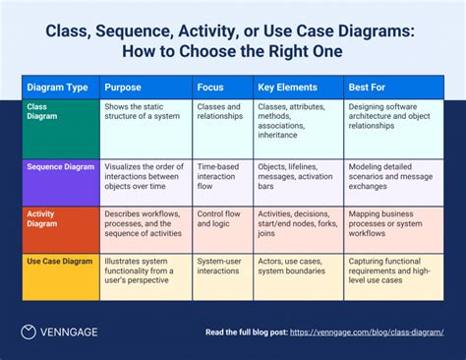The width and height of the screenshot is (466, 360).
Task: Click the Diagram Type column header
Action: pyautogui.click(x=56, y=87)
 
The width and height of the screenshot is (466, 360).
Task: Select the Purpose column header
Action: pyautogui.click(x=123, y=87)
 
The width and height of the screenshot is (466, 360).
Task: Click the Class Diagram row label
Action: pyautogui.click(x=43, y=111)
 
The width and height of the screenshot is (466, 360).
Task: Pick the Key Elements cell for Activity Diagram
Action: pyautogui.click(x=296, y=223)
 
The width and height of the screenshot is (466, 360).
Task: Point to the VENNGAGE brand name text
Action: pyautogui.click(x=72, y=332)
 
